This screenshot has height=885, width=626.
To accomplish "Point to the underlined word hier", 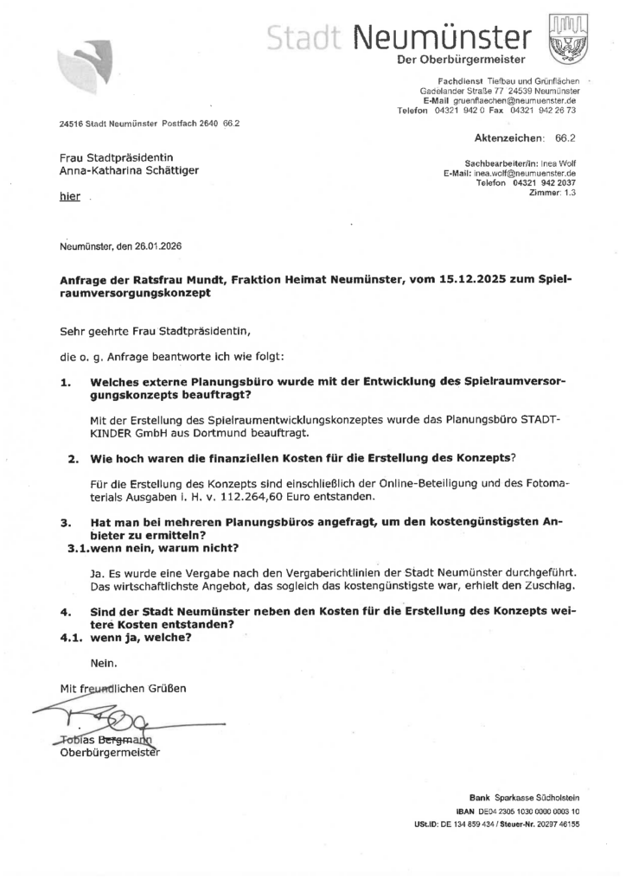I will click(x=69, y=196).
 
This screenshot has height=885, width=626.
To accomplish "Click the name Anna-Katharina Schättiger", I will click(x=129, y=170).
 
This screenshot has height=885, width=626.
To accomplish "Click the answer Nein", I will click(x=103, y=664).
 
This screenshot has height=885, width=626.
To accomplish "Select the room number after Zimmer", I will click(x=570, y=192).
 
